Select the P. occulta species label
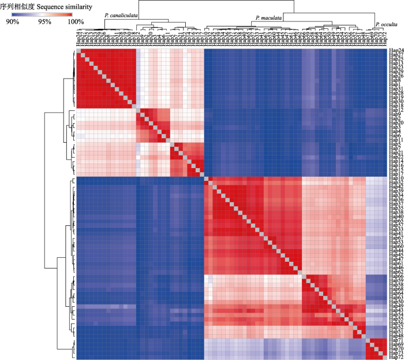(x=386, y=24)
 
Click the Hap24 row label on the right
(x=396, y=51)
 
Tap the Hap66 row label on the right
(x=396, y=277)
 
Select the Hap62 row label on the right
(x=396, y=272)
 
